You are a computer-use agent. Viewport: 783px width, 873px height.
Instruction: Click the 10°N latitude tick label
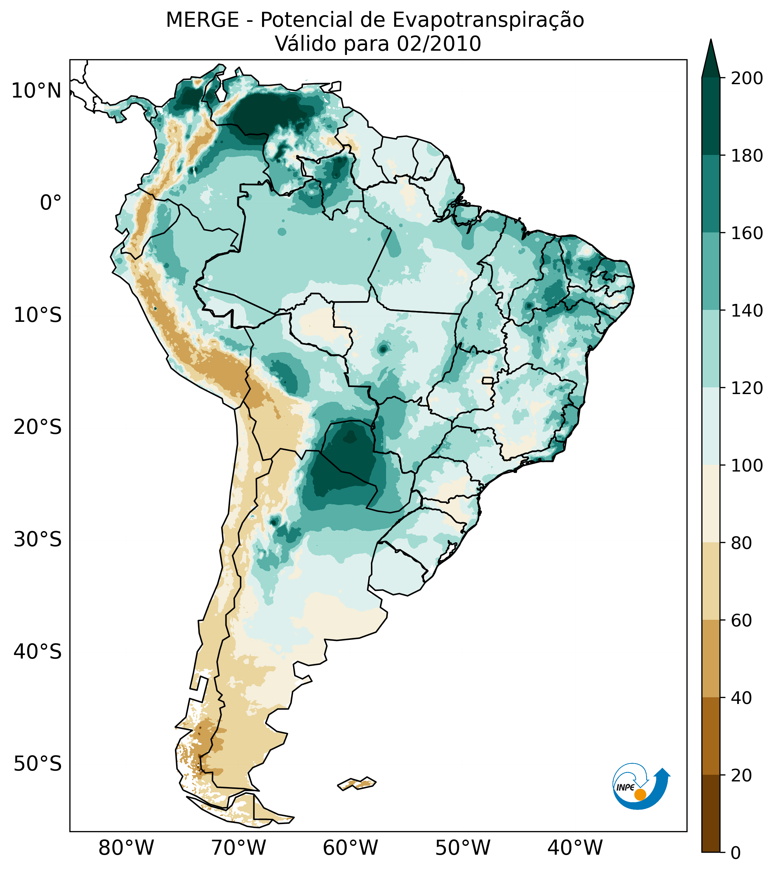click(x=36, y=91)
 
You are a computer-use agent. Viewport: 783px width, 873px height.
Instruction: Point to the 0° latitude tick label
click(x=51, y=202)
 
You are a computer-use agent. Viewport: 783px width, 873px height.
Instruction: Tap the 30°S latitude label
click(x=38, y=539)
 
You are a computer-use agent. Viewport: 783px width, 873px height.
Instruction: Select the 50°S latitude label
click(x=38, y=764)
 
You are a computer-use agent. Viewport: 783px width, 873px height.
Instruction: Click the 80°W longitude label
click(x=126, y=848)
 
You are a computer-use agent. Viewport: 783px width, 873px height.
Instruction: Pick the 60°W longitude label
click(x=350, y=848)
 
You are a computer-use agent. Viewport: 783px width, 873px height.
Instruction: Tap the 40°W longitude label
click(x=575, y=848)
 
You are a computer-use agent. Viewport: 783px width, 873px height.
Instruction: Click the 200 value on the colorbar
click(x=747, y=78)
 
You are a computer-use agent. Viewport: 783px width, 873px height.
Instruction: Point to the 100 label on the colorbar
click(x=747, y=465)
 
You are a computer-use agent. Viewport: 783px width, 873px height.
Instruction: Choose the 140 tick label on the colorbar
click(x=747, y=311)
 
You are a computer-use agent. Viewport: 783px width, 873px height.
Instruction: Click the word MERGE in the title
click(x=202, y=20)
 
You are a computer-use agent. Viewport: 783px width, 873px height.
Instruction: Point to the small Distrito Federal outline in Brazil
click(x=488, y=381)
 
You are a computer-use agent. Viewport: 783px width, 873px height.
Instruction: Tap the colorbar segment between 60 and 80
click(x=711, y=581)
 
